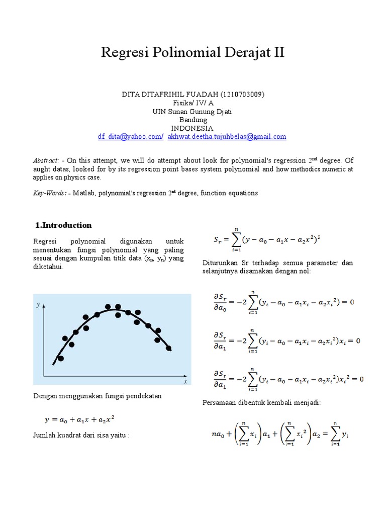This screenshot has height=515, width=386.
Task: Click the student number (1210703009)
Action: click(240, 95)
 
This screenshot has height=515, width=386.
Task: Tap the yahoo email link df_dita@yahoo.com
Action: click(130, 136)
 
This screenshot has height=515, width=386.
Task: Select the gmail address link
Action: click(227, 136)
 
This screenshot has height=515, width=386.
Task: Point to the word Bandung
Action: click(193, 120)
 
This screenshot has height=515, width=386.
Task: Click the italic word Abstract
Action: click(46, 160)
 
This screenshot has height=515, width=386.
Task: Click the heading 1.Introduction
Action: click(63, 225)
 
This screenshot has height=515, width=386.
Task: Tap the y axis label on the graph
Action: click(38, 305)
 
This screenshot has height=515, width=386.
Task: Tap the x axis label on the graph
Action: click(185, 382)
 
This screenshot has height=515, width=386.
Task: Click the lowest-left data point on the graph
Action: click(61, 358)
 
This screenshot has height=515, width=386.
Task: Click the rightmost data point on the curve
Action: click(168, 348)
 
